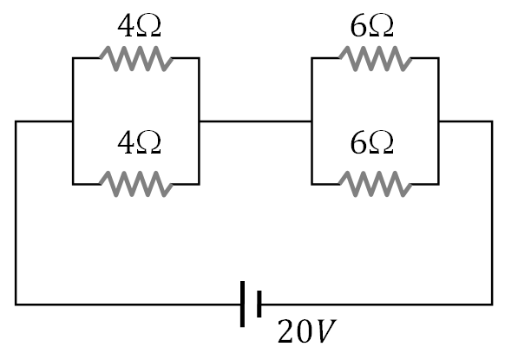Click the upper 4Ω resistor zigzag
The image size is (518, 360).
point(135,58)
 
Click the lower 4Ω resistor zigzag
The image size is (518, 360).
point(135,183)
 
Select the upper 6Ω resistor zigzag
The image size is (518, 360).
point(375,58)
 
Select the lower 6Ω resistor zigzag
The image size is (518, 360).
point(375,183)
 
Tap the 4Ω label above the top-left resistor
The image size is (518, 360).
point(136,27)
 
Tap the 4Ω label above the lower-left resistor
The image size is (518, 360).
point(136,145)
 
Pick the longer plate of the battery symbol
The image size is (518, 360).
point(243,304)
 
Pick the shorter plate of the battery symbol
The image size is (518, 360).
point(259,304)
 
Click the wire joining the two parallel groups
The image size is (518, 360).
point(255,121)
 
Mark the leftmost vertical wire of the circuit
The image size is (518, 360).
point(16,213)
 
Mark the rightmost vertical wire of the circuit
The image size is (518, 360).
point(492,213)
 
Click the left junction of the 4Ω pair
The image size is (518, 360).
point(73,121)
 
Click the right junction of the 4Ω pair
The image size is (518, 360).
point(200,121)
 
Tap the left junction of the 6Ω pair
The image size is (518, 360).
point(311,121)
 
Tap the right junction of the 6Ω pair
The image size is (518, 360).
point(439,121)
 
